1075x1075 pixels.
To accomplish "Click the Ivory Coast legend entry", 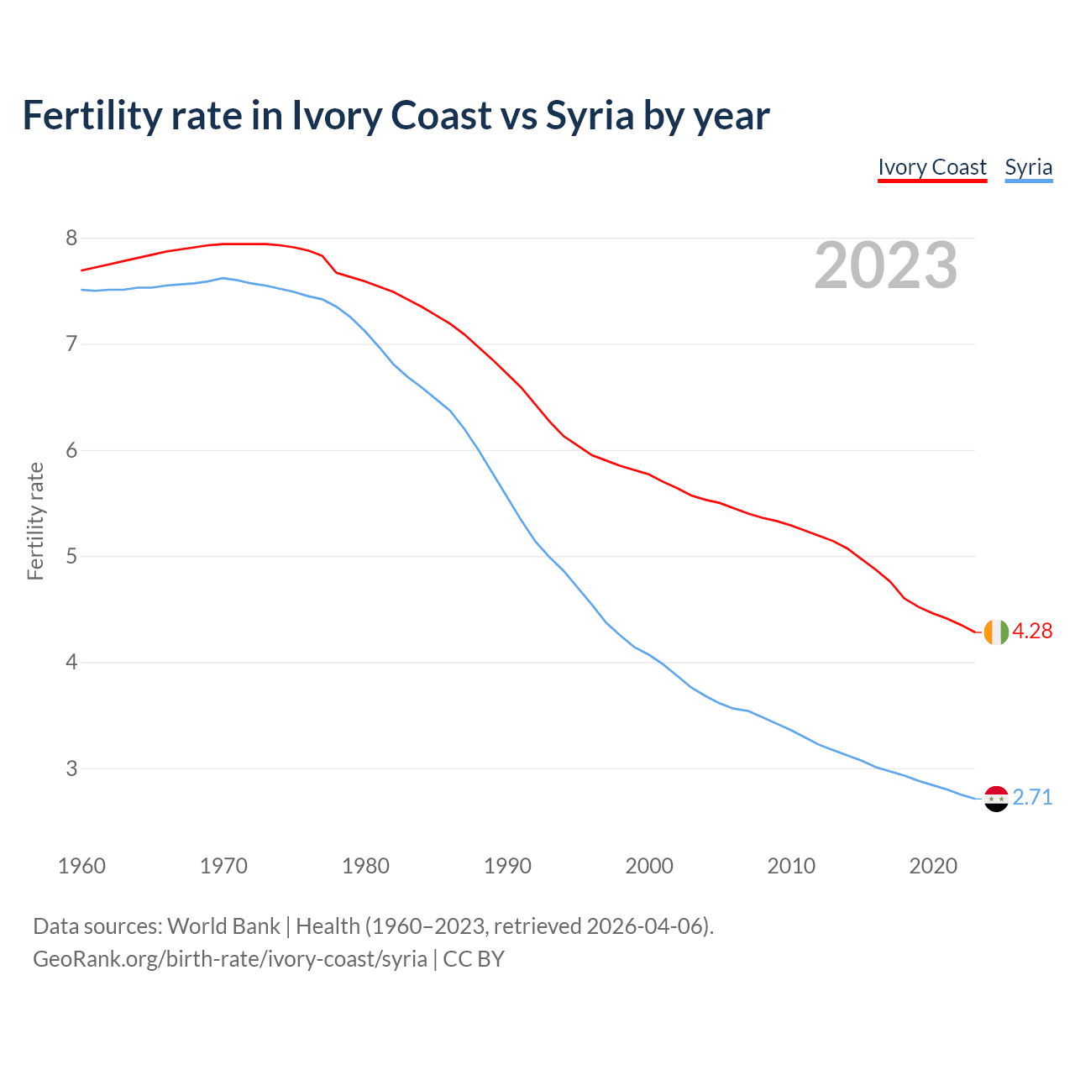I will [x=931, y=167].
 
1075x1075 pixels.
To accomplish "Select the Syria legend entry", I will [x=1028, y=167].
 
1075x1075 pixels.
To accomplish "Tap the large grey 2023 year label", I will [x=886, y=265].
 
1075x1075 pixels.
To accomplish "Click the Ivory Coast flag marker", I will [x=995, y=632].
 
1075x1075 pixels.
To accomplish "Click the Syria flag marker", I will [x=995, y=798].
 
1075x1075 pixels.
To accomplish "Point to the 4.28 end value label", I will [x=1032, y=632].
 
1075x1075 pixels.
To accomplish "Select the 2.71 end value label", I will [x=1032, y=798].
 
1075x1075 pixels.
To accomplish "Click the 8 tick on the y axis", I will [x=71, y=239].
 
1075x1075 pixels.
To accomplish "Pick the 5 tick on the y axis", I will [x=71, y=557].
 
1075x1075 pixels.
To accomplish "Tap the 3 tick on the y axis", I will [x=71, y=768].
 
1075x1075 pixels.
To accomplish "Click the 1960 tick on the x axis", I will [x=81, y=866].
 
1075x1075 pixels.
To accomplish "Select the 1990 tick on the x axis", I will [x=507, y=866].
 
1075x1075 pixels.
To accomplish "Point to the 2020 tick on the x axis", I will [x=933, y=866].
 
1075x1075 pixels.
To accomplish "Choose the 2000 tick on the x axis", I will [x=649, y=866].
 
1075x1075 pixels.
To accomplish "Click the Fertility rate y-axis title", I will [x=35, y=521].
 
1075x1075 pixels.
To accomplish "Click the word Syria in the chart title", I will [x=590, y=116].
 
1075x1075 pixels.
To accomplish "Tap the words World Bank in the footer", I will [x=223, y=926].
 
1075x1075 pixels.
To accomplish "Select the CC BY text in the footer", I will [x=474, y=959].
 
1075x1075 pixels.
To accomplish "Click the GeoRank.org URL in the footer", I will [x=229, y=959].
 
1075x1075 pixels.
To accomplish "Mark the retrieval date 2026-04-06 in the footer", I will [x=644, y=926].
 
